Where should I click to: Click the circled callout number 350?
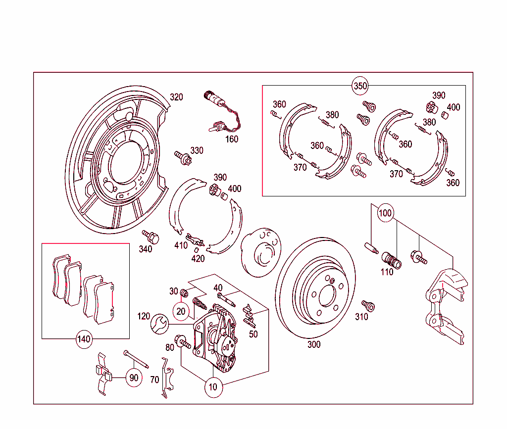tap(360, 86)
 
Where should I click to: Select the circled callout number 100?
tap(385, 214)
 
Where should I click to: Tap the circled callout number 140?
tap(84, 339)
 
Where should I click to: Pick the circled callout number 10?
tap(213, 387)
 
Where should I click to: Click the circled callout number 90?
tap(133, 378)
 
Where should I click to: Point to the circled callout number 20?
tap(181, 311)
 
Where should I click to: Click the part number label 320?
tap(176, 97)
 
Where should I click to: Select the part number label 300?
tap(313, 345)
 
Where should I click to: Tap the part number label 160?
tap(231, 139)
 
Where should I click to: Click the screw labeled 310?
tap(367, 305)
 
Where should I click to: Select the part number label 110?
tap(387, 272)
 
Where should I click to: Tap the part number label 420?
tap(198, 258)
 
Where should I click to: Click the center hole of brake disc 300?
tap(326, 297)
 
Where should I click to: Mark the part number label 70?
tap(154, 380)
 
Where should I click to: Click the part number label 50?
tap(253, 334)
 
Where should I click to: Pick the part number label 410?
tap(181, 245)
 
